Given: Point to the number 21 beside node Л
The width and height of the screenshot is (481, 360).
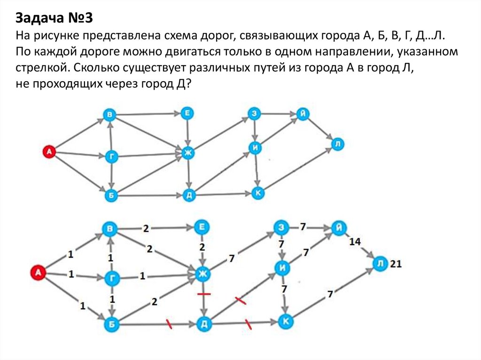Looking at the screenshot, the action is coord(396,264).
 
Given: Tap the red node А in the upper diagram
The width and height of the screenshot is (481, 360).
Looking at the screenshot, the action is coord(48,151).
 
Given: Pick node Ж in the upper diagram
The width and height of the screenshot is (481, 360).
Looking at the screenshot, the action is coord(188,153).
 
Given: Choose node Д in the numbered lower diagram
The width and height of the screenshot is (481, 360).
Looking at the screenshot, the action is coord(203,324).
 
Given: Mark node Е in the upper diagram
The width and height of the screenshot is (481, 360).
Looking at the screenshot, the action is coord(187,114).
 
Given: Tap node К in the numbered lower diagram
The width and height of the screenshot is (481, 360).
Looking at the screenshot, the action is coord(285,321).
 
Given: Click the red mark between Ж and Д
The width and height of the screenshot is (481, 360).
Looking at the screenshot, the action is coord(203,294).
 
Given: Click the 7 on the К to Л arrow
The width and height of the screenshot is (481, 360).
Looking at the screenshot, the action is coord(330,294).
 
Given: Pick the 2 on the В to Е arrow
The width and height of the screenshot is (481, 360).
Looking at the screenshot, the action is coord(146,229).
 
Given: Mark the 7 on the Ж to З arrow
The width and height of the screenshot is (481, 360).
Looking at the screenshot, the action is coord(231,258).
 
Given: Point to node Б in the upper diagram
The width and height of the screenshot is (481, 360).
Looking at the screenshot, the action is coord(111,196).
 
